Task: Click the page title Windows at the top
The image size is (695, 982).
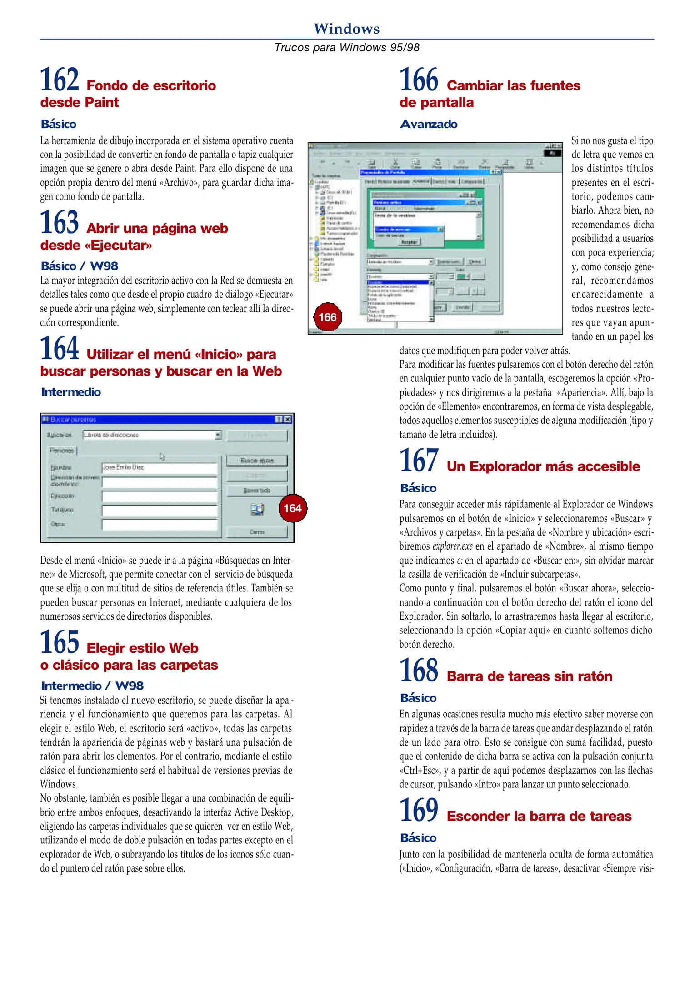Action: pyautogui.click(x=346, y=29)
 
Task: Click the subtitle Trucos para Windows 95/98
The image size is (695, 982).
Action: pyautogui.click(x=346, y=47)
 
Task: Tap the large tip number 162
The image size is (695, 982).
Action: pyautogui.click(x=60, y=80)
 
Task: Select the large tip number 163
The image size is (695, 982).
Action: pyautogui.click(x=60, y=222)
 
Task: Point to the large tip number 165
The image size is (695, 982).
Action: pyautogui.click(x=60, y=642)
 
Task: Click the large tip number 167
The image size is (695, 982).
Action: pyautogui.click(x=419, y=461)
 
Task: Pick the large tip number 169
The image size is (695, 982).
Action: pyautogui.click(x=419, y=811)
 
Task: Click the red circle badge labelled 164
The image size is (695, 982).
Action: pyautogui.click(x=293, y=508)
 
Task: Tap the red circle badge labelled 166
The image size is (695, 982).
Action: pyautogui.click(x=327, y=317)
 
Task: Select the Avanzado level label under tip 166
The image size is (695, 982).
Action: pyautogui.click(x=428, y=124)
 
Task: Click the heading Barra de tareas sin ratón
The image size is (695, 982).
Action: pyautogui.click(x=529, y=676)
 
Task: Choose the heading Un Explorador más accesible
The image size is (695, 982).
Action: pyautogui.click(x=543, y=466)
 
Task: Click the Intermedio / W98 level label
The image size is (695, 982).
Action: pyautogui.click(x=92, y=686)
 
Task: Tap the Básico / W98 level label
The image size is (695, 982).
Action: pyautogui.click(x=79, y=266)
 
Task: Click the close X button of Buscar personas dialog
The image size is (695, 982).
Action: pyautogui.click(x=287, y=419)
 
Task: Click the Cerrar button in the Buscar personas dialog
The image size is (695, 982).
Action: pyautogui.click(x=257, y=532)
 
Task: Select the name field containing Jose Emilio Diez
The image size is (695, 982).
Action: pyautogui.click(x=159, y=468)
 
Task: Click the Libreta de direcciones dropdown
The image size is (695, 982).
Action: pyautogui.click(x=152, y=435)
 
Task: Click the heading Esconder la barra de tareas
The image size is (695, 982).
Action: pyautogui.click(x=539, y=817)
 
